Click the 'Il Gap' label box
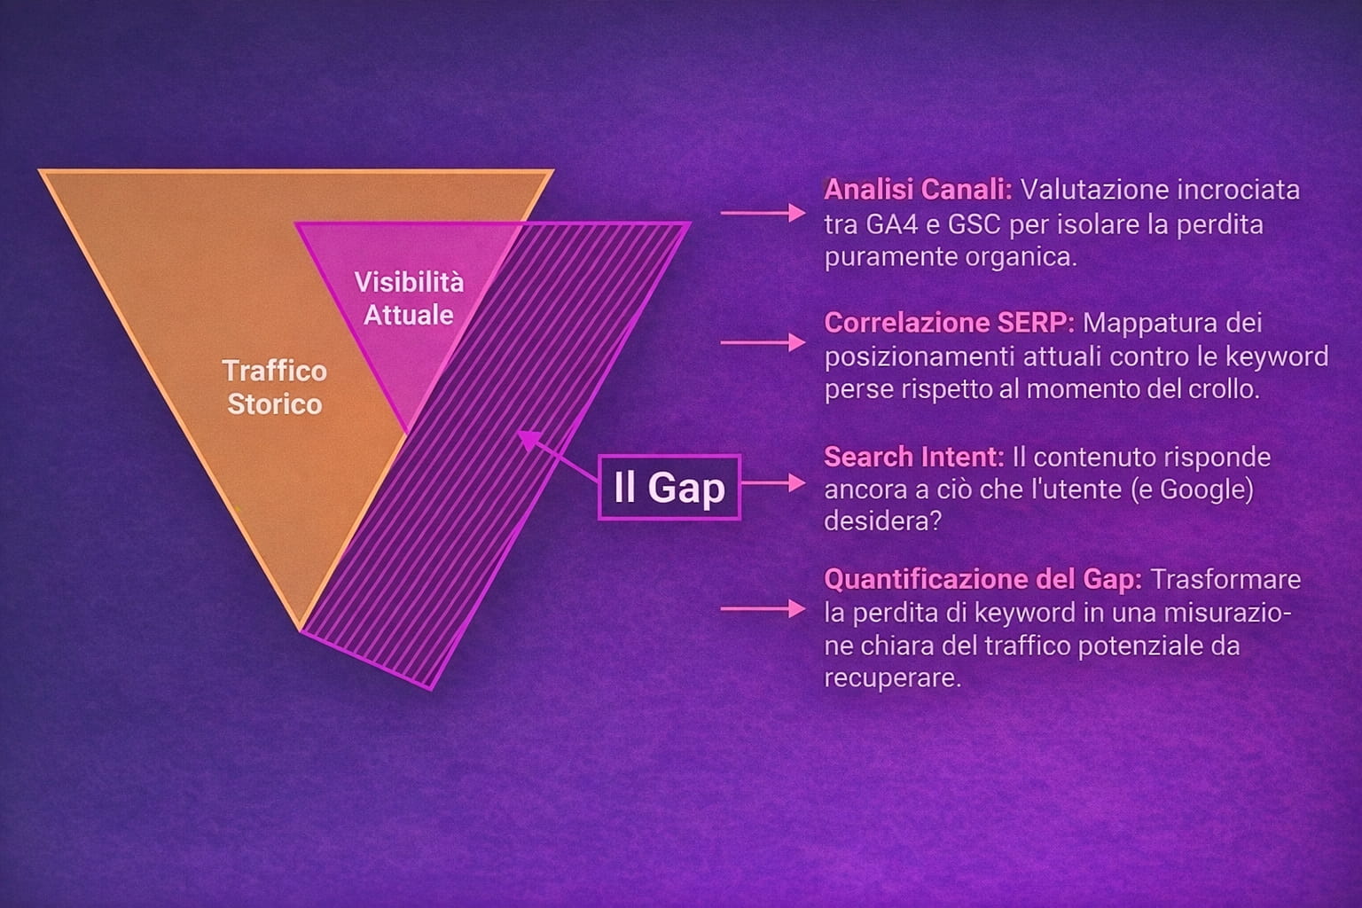point(669,487)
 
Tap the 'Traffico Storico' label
point(275,387)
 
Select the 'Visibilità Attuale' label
point(409,299)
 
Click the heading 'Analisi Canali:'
point(918,190)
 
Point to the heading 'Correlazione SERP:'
point(949,323)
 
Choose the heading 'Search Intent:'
point(914,457)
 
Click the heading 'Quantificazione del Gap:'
point(982,579)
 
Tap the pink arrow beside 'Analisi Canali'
point(763,213)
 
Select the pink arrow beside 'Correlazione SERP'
point(763,342)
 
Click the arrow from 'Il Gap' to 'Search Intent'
point(773,483)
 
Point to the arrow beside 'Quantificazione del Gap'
point(763,608)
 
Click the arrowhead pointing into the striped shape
point(528,440)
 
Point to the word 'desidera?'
point(883,521)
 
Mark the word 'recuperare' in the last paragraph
point(892,678)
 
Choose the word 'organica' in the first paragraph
point(1021,257)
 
